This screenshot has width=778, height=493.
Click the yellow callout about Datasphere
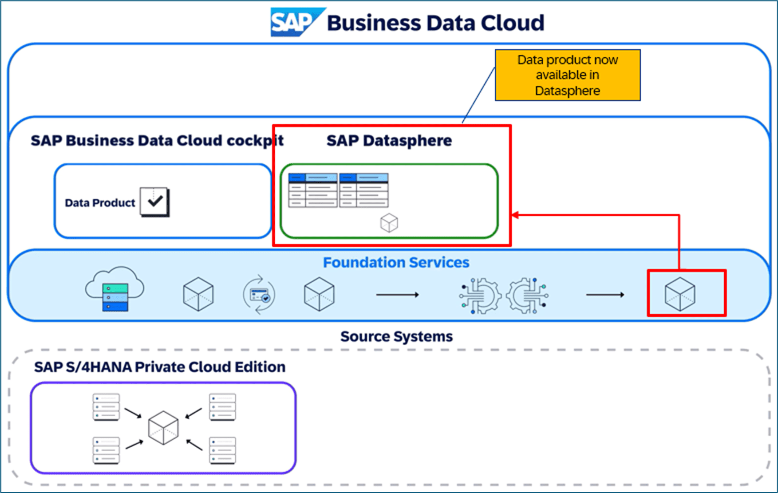coord(567,76)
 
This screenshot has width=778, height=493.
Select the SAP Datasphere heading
coord(389,140)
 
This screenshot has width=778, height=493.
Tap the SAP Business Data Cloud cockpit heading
coord(157,140)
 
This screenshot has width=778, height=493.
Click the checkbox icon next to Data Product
coord(155,202)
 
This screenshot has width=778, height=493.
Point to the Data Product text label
coord(100,203)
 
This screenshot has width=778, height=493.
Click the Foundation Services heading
coord(396,263)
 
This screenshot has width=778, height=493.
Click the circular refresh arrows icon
coord(259,295)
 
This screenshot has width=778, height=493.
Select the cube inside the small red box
coord(680,294)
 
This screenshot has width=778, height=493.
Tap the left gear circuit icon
coord(480,295)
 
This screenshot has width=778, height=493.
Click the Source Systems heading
coord(396,336)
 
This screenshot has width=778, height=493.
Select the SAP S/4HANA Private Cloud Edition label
coord(160,366)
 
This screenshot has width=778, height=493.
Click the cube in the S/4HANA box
coord(163,428)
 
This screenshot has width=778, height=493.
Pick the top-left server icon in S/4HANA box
coord(106,407)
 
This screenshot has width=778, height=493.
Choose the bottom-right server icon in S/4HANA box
coord(223,450)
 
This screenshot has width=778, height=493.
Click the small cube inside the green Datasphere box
coord(389,223)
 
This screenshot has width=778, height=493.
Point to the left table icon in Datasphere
coord(313,190)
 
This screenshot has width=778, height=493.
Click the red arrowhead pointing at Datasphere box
coord(514,215)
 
